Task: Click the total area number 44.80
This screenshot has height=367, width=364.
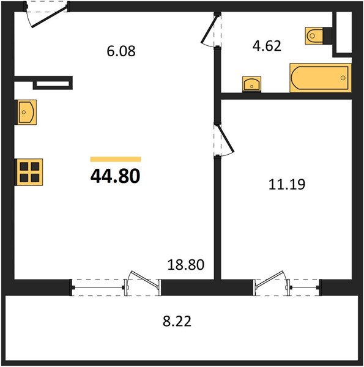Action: [x=115, y=176]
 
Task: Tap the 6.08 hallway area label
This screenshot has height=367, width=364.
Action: [x=121, y=51]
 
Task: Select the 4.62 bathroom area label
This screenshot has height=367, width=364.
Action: [x=267, y=46]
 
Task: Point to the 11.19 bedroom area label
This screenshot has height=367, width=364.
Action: [x=287, y=184]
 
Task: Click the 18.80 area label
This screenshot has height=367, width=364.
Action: [x=186, y=265]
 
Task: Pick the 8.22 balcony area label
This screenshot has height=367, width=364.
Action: [x=177, y=321]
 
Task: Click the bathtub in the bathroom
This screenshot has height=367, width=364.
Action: [x=321, y=78]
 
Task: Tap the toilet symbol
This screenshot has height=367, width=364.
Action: [x=314, y=36]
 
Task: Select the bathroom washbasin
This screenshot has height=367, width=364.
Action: [x=251, y=84]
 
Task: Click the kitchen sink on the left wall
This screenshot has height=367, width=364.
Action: [x=26, y=112]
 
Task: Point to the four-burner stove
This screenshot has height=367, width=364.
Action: [x=29, y=172]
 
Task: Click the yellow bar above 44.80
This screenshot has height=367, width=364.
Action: [x=116, y=159]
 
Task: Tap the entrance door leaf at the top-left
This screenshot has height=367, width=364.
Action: [x=50, y=17]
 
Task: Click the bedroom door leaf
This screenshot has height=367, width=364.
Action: [x=226, y=139]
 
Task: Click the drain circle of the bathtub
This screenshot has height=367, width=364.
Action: [x=343, y=78]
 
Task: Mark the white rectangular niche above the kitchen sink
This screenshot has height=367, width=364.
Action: [x=53, y=84]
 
